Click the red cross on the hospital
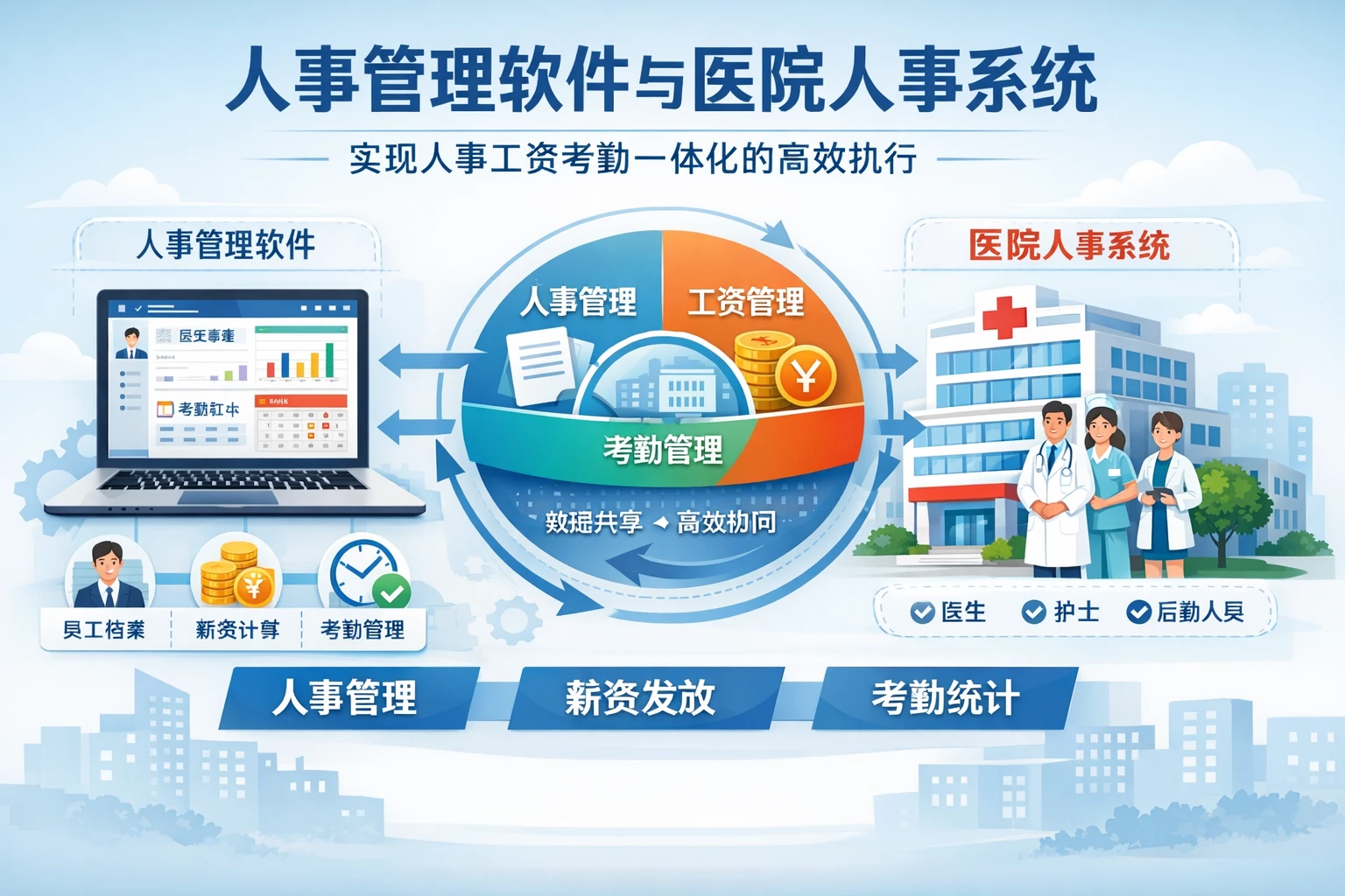pos(1004,316)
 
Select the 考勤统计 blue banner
pos(944,698)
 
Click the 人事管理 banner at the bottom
pos(346,698)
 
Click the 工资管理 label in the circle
pos(745,303)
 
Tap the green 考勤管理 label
pos(663,450)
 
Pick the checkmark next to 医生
pos(922,612)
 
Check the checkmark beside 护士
pos(1033,612)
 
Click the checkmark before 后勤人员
pos(1138,612)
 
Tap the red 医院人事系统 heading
pos(1069,246)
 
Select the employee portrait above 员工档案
pos(109,574)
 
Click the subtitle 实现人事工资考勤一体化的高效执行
pos(633,159)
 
